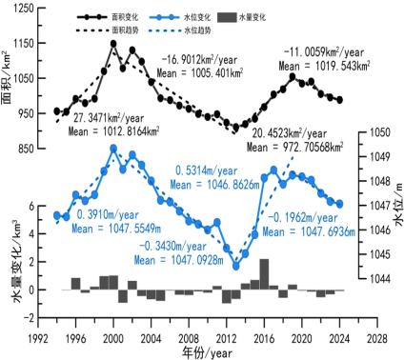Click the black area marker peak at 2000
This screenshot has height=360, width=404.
tap(113, 44)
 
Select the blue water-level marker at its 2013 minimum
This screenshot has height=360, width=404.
tap(235, 266)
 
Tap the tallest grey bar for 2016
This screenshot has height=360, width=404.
tap(264, 274)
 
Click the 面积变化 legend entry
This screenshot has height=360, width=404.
tap(108, 17)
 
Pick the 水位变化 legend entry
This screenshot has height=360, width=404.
tap(180, 17)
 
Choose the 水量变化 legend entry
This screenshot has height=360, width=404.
tap(242, 17)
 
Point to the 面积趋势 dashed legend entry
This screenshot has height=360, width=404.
tap(108, 30)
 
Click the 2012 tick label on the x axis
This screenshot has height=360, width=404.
tap(227, 339)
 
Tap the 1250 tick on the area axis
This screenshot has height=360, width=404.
tap(24, 9)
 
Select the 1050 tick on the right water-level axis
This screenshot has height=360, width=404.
tap(380, 132)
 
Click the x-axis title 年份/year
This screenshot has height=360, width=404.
tap(208, 352)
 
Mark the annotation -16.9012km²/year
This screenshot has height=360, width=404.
tap(199, 59)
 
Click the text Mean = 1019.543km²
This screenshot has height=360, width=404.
tap(324, 66)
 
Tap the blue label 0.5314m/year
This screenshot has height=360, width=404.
tap(207, 170)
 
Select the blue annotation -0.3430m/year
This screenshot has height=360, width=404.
tap(172, 247)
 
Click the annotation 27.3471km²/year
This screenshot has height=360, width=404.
tap(109, 118)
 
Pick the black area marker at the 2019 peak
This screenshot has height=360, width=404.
tap(293, 76)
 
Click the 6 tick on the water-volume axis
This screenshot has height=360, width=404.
tap(31, 206)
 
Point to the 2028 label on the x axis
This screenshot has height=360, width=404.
tap(377, 339)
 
